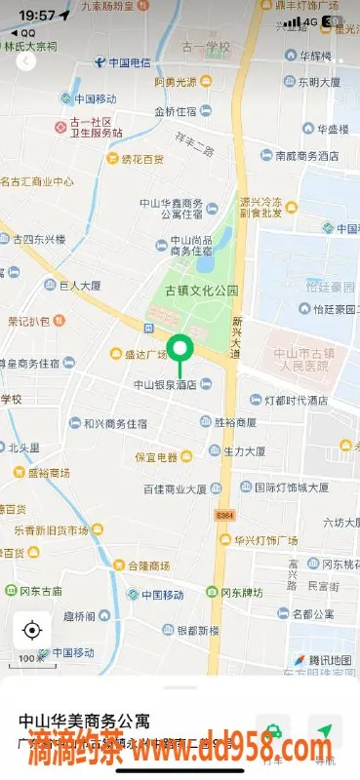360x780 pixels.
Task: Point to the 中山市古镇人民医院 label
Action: (x=298, y=360)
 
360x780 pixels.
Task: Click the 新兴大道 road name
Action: (x=236, y=337)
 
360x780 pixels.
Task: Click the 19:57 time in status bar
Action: (x=36, y=16)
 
